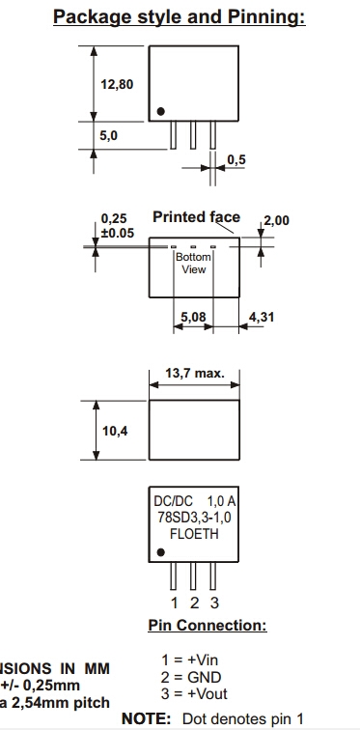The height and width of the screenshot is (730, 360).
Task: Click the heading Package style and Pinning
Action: tap(180, 16)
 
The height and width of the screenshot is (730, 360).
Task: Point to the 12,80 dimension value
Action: tap(117, 84)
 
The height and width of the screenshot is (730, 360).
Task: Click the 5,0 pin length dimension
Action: tap(109, 135)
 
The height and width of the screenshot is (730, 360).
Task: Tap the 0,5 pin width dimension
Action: tap(236, 159)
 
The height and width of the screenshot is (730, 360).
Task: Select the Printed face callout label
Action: tap(196, 217)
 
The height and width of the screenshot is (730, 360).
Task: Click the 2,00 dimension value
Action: tap(276, 220)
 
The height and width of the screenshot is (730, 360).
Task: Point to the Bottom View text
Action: tap(193, 263)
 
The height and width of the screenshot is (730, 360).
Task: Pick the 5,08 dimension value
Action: tap(193, 317)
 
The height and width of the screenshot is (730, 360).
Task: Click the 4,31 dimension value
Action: tap(262, 317)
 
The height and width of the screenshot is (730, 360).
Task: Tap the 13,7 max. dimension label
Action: tap(195, 373)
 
